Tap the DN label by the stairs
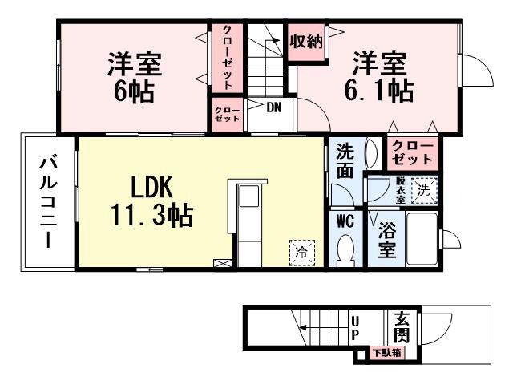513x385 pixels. pos(273,105)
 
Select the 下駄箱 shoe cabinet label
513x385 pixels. pos(386,352)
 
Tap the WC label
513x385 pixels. pos(345,220)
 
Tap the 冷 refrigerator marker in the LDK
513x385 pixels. pos(302,251)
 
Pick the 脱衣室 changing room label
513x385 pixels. pos(400,189)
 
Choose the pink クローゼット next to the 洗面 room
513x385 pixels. pos(412,152)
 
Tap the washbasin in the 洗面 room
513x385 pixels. pos(370,152)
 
